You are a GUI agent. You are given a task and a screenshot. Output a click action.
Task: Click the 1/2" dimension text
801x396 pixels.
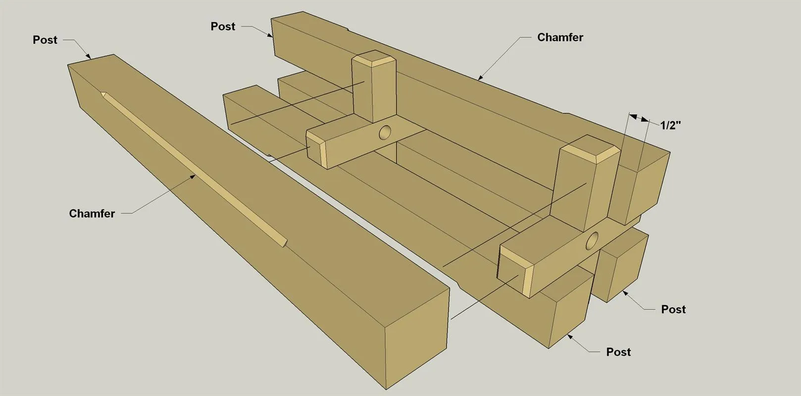670,125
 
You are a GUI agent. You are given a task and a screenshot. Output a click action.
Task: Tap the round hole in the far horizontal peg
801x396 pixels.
385,132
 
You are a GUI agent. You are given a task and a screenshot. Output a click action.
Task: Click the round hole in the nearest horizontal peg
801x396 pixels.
592,241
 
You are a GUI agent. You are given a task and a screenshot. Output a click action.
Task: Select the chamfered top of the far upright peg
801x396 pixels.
374,58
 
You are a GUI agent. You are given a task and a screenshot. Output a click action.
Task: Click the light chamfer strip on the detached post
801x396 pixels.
194,169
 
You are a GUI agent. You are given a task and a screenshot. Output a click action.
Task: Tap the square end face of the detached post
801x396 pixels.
417,338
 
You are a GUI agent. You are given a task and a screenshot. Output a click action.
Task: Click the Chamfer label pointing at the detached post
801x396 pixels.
92,213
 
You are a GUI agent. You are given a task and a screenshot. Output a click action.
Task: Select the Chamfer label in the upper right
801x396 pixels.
560,37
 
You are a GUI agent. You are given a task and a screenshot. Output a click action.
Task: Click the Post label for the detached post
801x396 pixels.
45,40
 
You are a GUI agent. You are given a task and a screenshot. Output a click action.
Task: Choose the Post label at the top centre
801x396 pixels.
223,26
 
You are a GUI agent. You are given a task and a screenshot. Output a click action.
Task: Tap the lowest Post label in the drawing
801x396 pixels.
618,352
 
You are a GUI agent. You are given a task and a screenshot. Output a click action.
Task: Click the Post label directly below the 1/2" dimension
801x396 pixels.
673,309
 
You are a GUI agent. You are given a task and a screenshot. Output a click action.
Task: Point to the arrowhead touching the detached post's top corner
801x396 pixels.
88,56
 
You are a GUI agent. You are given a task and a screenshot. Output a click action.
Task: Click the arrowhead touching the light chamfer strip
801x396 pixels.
193,177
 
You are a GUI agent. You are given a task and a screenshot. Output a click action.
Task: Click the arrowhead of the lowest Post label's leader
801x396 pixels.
570,337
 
